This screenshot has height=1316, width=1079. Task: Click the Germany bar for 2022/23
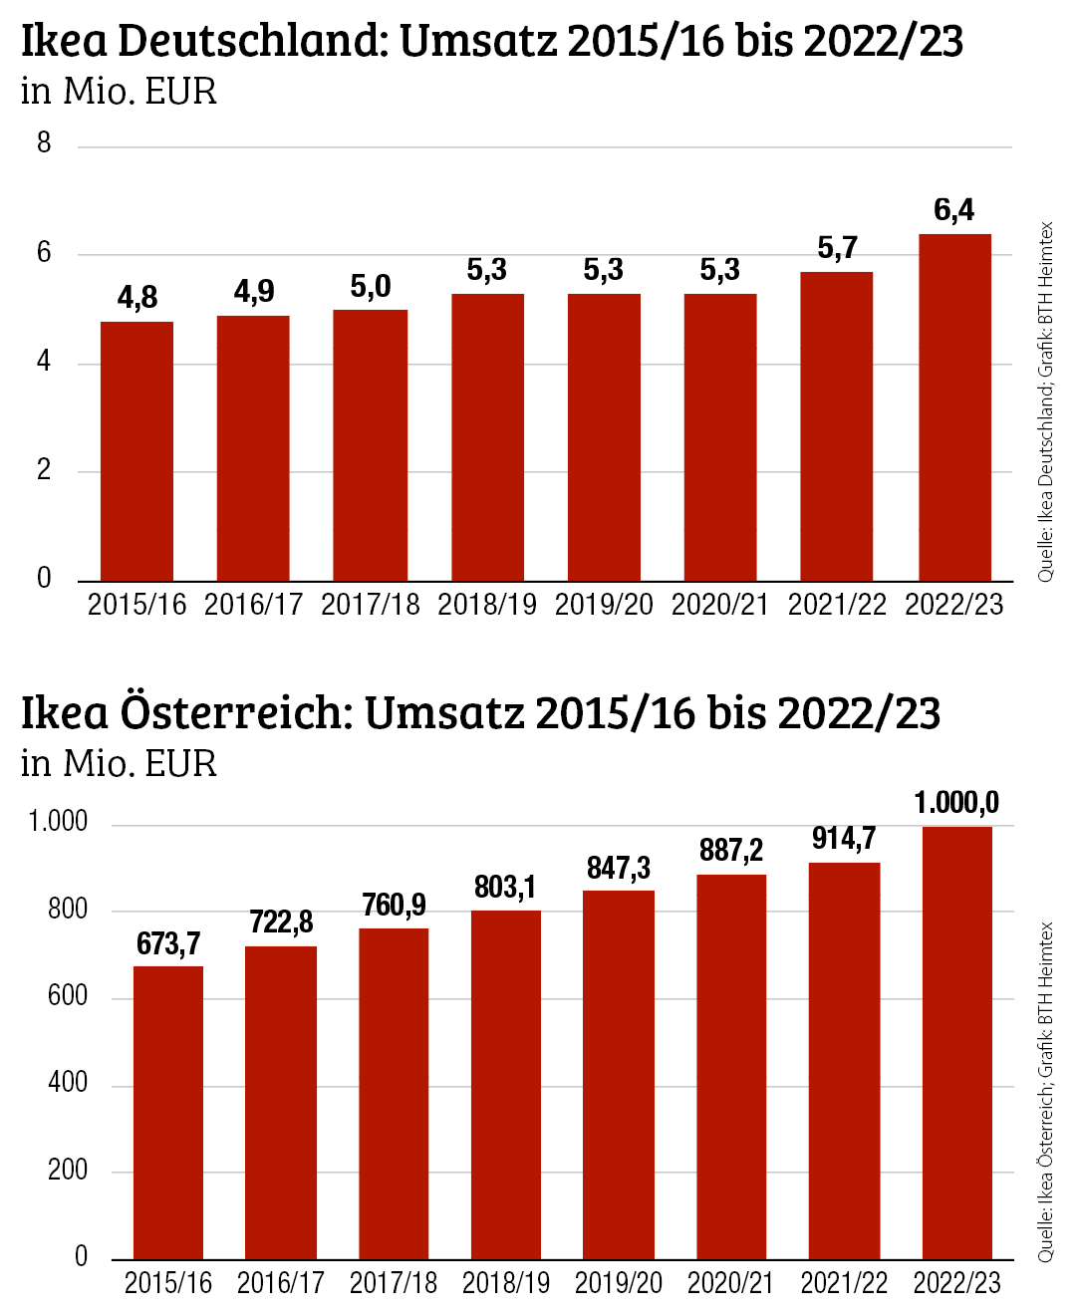click(x=954, y=407)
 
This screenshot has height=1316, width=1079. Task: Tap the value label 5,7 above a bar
click(x=837, y=248)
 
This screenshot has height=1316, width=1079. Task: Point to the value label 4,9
click(x=253, y=291)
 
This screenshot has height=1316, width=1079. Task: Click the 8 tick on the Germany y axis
click(x=44, y=143)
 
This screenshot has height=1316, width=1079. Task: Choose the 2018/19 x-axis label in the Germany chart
click(x=486, y=605)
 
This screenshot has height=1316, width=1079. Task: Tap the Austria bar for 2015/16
click(x=168, y=1112)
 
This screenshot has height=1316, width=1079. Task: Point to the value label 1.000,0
click(x=956, y=803)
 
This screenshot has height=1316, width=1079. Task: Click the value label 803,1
click(x=505, y=887)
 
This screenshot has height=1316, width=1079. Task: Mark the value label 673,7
click(x=168, y=943)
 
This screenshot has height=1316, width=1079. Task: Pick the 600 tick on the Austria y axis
click(x=67, y=995)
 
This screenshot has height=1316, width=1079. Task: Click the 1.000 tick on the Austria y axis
click(x=58, y=822)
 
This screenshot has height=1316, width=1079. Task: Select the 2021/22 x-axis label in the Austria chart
click(x=844, y=1283)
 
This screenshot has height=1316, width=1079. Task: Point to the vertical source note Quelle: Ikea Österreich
click(x=1045, y=1091)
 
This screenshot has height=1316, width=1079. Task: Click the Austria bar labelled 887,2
click(x=730, y=1066)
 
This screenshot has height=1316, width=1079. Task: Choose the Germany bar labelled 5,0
click(x=370, y=445)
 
